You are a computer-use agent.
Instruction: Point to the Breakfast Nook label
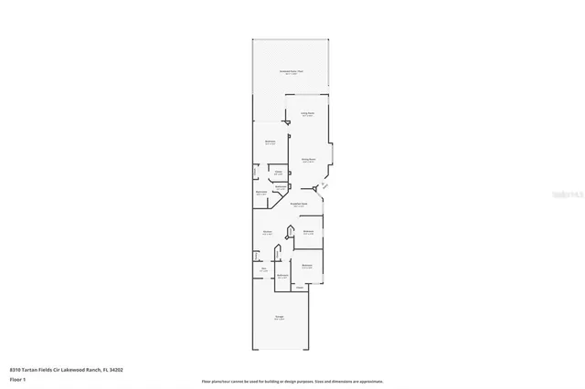tap(299, 205)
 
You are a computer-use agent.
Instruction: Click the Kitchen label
tap(268, 234)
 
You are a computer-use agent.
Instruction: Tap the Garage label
tap(279, 318)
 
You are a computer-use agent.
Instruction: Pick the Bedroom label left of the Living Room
tap(271, 142)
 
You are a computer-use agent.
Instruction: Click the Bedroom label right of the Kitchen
tap(309, 233)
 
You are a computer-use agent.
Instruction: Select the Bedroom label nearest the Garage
tap(307, 267)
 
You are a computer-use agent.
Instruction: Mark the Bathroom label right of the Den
tap(283, 276)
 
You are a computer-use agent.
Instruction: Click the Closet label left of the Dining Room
tap(278, 173)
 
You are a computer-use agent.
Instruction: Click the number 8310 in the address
tap(16, 370)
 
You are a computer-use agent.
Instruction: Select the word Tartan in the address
tap(34, 370)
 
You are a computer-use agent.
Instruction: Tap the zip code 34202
tap(116, 370)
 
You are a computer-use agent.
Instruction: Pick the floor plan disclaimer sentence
tap(292, 382)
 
